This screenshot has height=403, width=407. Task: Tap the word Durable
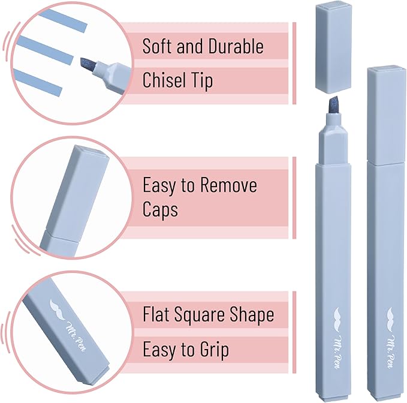(x=231, y=46)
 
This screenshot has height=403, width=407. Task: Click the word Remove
(x=228, y=185)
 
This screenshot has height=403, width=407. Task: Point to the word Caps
(x=161, y=209)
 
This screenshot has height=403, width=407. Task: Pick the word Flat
(x=157, y=314)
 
